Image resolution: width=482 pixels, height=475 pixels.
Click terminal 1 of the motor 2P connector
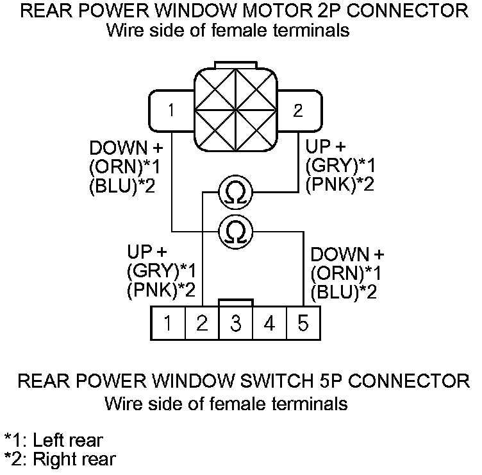coord(170,110)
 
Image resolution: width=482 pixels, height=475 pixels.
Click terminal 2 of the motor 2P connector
coord(297,110)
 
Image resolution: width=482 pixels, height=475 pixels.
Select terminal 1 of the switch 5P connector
coord(167,323)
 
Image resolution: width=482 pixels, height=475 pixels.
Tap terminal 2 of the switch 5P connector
coord(202,323)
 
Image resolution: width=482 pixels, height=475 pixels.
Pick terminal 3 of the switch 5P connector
coord(236,323)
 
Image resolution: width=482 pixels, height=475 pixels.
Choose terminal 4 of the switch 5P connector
coord(270,323)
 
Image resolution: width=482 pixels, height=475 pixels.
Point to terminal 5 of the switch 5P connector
coord(303,323)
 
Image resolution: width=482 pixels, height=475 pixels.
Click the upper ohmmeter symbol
coord(236,191)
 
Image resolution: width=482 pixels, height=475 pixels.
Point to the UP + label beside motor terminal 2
coord(326,146)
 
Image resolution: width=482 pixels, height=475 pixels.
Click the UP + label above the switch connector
coord(147,251)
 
